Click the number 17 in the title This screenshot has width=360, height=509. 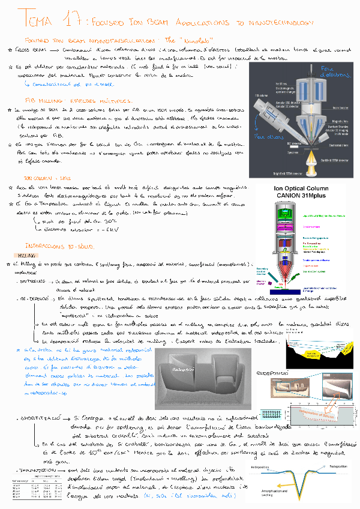(70, 20)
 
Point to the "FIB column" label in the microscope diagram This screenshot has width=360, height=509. (261, 95)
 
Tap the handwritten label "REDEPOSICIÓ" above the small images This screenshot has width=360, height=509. (273, 373)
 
